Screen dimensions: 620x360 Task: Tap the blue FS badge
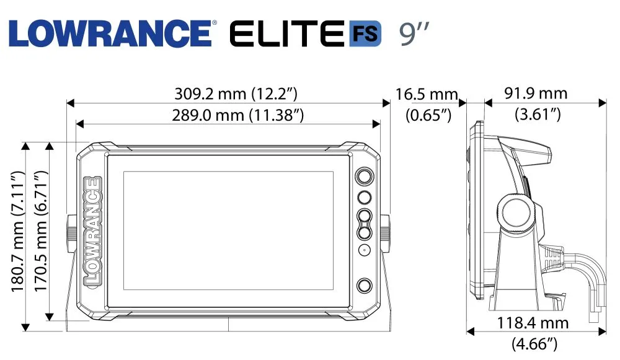365,33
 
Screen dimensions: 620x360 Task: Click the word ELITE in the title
286,33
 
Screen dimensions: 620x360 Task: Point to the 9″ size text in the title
414,33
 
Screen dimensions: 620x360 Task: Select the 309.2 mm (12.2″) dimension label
236,94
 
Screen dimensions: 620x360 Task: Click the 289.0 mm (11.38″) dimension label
237,115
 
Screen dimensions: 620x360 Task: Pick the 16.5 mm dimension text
427,94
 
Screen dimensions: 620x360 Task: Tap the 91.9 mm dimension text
536,94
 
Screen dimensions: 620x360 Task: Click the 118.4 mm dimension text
533,323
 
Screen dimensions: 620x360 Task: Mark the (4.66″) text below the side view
534,343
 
